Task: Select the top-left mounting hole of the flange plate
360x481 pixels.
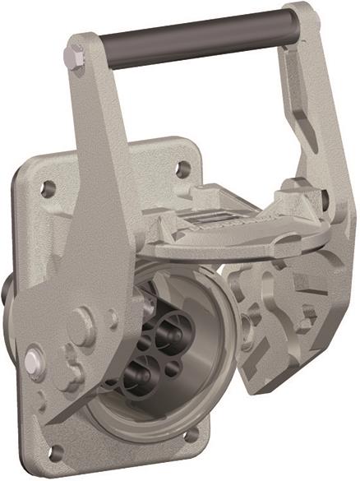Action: pos(48,187)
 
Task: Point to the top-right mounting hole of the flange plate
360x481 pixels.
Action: pos(182,169)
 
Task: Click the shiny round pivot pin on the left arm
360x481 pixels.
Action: pos(33,360)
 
